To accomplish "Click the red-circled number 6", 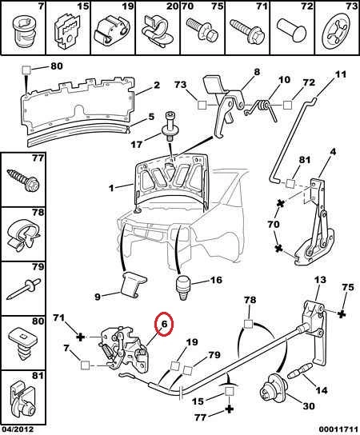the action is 164,324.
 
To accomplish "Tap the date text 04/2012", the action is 18,429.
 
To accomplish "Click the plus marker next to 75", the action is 342,313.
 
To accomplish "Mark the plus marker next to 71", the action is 80,337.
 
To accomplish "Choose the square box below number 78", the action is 248,324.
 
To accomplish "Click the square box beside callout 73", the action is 202,105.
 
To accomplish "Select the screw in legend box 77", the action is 23,181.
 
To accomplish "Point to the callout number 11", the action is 341,74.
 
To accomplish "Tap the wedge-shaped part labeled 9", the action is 133,284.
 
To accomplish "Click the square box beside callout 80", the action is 26,70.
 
